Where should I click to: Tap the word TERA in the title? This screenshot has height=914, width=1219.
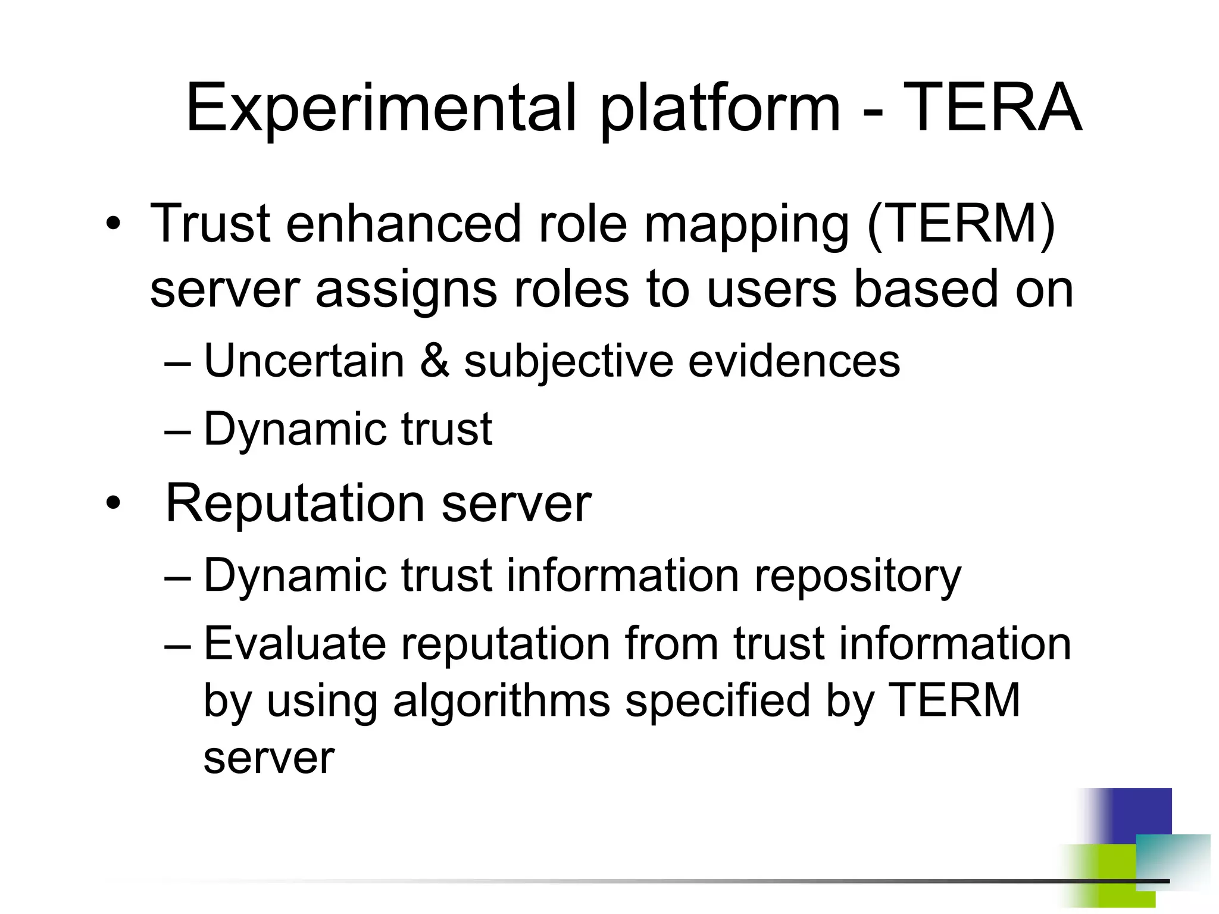point(992,108)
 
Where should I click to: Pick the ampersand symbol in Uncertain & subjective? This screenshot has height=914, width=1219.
point(435,361)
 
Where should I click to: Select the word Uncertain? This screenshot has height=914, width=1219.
point(304,361)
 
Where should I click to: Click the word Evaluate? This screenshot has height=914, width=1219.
point(294,644)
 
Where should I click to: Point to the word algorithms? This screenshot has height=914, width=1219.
point(501,701)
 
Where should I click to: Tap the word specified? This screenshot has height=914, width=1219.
point(718,701)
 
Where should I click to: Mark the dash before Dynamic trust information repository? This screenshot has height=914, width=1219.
point(177,576)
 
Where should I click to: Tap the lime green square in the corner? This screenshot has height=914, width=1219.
point(1101,872)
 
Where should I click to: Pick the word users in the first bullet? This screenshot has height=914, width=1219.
point(771,290)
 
